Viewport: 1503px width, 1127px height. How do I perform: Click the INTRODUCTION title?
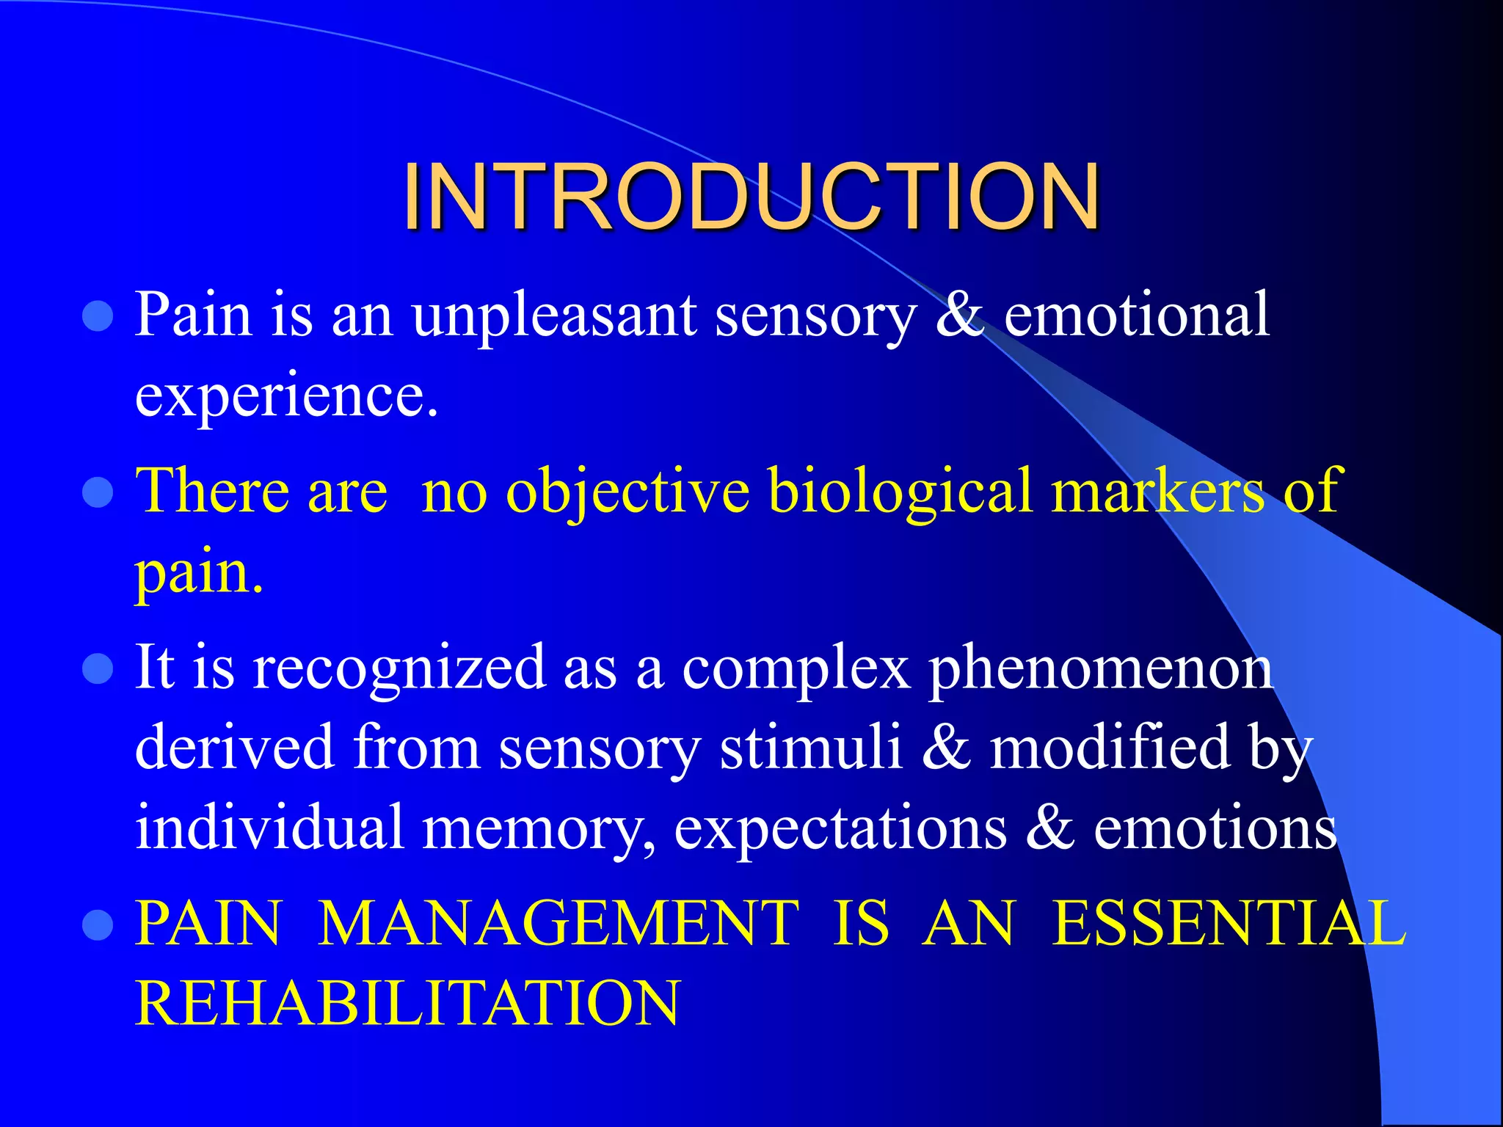751,196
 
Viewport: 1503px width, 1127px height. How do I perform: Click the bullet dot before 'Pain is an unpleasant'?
98,317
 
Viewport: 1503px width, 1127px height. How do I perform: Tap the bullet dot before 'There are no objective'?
98,493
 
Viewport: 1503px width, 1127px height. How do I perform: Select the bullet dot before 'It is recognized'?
98,669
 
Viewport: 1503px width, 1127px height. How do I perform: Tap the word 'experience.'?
286,396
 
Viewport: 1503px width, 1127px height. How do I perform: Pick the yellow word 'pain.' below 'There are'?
198,572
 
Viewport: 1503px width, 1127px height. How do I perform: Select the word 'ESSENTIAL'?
1229,923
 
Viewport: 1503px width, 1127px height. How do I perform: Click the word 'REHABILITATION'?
408,1004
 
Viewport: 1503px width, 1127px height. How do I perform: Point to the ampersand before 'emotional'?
959,316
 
